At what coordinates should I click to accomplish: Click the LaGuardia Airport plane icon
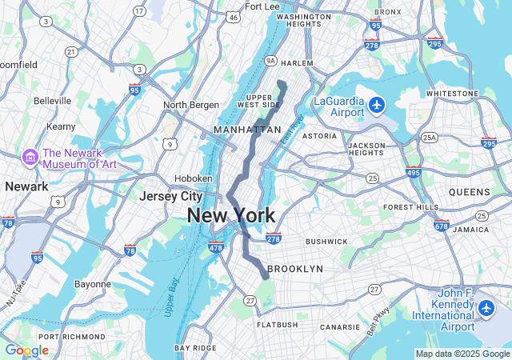tap(378, 104)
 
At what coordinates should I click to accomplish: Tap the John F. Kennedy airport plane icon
tap(486, 308)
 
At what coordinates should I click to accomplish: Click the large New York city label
tap(231, 215)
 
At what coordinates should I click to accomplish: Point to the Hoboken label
tap(194, 178)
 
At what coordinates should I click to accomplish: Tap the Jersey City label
tap(170, 196)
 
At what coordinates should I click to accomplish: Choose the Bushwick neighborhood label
tap(326, 241)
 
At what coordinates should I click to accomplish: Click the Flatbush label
tap(277, 325)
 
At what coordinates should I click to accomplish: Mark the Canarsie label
tap(341, 326)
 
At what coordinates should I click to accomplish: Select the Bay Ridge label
tap(195, 348)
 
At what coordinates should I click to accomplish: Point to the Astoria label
tap(319, 136)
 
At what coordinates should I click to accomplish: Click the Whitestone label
tap(451, 94)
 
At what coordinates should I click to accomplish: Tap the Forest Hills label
tap(411, 207)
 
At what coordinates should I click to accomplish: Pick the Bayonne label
tap(93, 284)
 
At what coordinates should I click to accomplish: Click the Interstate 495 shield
tap(414, 172)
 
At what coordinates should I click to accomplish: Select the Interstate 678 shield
tap(441, 226)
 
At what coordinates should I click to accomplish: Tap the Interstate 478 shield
tap(216, 249)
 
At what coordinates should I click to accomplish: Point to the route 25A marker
tap(430, 138)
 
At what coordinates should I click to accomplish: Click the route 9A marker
tap(270, 61)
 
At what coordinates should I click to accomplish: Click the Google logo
tap(26, 350)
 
